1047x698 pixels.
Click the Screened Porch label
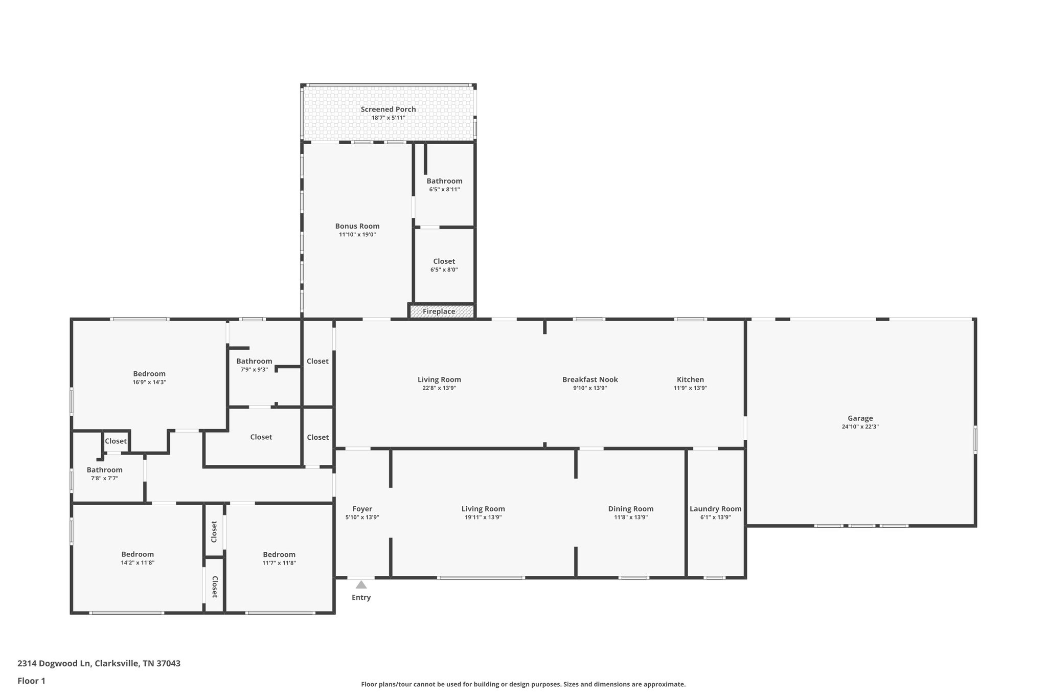click(x=388, y=109)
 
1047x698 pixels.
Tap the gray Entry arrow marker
click(x=361, y=584)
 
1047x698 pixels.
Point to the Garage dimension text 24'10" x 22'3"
click(x=860, y=426)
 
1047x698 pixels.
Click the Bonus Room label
click(x=357, y=226)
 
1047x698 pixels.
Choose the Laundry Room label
click(x=715, y=509)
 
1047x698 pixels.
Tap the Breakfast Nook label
click(x=590, y=379)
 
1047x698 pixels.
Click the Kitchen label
click(x=690, y=379)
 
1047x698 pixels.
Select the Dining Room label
click(x=630, y=509)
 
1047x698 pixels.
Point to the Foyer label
click(x=362, y=509)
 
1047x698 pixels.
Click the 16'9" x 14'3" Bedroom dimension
click(x=149, y=382)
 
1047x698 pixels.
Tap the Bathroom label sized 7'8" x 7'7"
click(x=104, y=470)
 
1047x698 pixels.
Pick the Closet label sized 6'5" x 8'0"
click(x=444, y=261)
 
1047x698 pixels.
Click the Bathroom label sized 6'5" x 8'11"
click(x=444, y=181)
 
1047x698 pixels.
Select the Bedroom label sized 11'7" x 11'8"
click(x=279, y=554)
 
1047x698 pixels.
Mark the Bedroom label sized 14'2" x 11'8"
click(x=138, y=554)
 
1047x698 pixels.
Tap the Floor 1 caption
click(x=31, y=681)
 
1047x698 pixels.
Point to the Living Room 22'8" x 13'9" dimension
click(x=439, y=388)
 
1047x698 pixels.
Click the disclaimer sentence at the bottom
click(x=523, y=684)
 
